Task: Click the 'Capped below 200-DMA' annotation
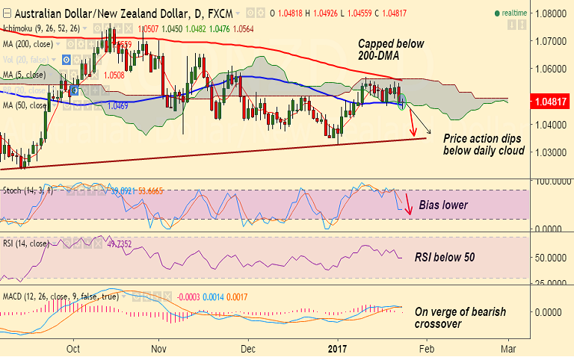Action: click(x=390, y=50)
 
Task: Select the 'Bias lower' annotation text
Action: click(x=442, y=205)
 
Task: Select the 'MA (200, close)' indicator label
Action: click(x=28, y=44)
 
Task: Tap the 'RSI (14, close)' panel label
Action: click(x=26, y=243)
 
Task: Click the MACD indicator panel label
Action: click(x=55, y=297)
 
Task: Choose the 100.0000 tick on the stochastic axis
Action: click(x=551, y=181)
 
